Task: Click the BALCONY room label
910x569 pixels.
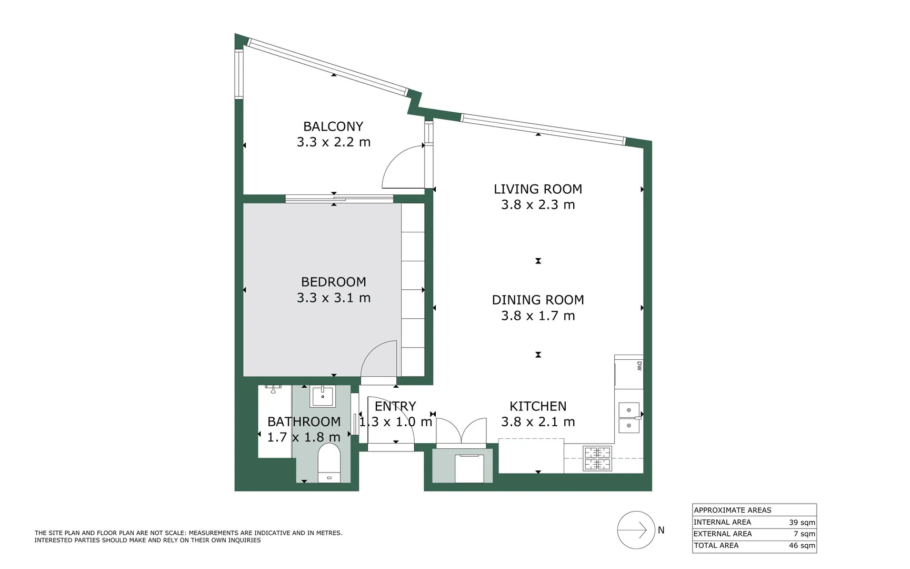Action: (x=333, y=126)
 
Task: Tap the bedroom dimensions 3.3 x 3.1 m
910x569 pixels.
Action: (x=333, y=298)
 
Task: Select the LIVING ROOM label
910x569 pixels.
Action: (x=537, y=189)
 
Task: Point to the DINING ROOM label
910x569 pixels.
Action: (x=537, y=300)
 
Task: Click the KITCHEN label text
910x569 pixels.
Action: (x=537, y=406)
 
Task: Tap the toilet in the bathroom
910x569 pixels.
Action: (x=329, y=463)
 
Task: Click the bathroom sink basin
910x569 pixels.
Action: (x=322, y=396)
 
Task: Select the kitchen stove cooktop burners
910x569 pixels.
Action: (x=597, y=458)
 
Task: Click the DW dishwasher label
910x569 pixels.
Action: (x=639, y=366)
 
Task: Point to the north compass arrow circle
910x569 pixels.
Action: (x=636, y=530)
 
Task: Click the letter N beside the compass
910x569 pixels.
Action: (x=661, y=530)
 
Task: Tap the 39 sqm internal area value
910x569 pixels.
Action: (x=802, y=523)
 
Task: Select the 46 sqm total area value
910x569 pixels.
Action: (x=802, y=546)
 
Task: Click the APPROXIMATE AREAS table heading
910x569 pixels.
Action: (x=732, y=510)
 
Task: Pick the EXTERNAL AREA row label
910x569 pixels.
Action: (x=722, y=534)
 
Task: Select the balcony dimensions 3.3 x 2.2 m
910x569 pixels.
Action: (x=333, y=142)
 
